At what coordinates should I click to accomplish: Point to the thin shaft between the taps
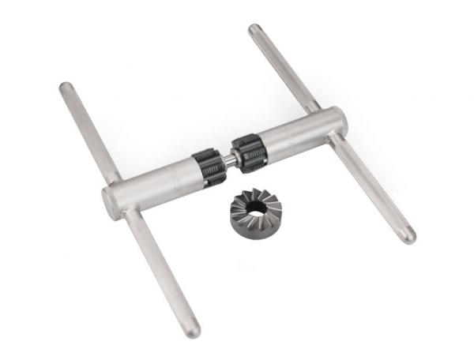(x=229, y=158)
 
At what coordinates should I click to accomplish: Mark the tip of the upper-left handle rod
(x=65, y=87)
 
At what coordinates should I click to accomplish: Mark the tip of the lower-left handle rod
(x=194, y=331)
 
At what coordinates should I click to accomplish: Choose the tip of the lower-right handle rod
(x=409, y=237)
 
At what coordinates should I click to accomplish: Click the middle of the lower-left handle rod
(x=162, y=272)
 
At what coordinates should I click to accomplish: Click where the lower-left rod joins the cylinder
(x=131, y=213)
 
